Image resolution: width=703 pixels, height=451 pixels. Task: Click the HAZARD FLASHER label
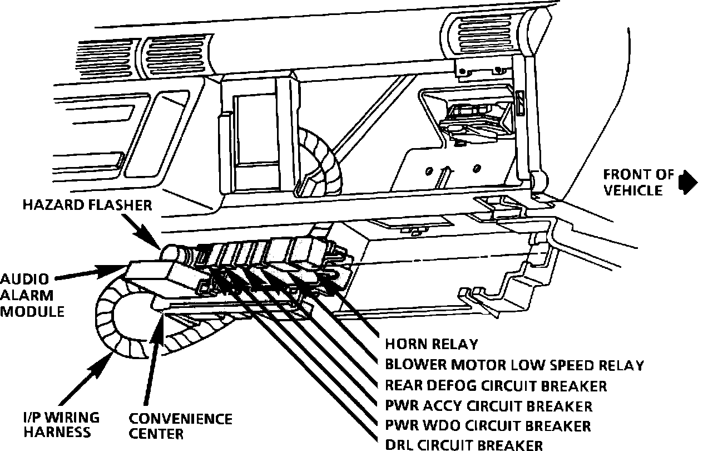[87, 205]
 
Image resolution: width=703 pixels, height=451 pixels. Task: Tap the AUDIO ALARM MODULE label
[32, 295]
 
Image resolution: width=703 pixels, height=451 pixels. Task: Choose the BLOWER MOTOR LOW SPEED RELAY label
[514, 365]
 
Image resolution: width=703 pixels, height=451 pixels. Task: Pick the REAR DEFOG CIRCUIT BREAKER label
[496, 385]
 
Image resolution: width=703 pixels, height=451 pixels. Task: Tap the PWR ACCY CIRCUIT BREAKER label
[488, 405]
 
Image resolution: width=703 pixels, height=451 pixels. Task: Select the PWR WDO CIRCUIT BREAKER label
[488, 426]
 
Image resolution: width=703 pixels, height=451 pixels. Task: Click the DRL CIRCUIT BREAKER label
[464, 444]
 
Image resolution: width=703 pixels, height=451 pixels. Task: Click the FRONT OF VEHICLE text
[635, 183]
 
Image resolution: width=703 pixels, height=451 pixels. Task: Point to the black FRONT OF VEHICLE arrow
[689, 182]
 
